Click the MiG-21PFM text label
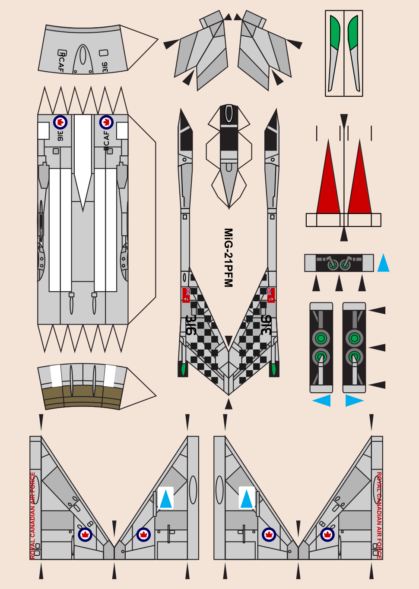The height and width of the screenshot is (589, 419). [228, 258]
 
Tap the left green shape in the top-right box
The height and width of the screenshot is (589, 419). [335, 34]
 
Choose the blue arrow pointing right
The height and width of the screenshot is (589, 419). [353, 400]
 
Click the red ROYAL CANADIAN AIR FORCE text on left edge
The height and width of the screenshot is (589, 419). [33, 515]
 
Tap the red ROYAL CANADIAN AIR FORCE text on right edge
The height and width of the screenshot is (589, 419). [379, 515]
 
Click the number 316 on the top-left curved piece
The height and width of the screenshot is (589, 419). [105, 67]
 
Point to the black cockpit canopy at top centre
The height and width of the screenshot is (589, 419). [229, 129]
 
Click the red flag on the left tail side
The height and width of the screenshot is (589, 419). [186, 295]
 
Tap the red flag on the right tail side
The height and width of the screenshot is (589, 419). [271, 295]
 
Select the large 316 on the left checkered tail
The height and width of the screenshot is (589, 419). [190, 325]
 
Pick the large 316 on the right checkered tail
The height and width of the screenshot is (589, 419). [266, 325]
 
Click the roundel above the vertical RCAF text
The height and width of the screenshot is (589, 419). [106, 123]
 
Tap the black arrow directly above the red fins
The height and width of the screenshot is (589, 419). [344, 121]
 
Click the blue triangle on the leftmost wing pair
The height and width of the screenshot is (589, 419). [166, 499]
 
